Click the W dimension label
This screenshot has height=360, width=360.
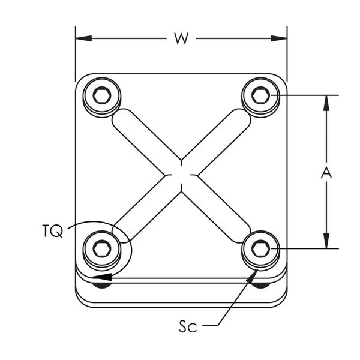tap(181, 38)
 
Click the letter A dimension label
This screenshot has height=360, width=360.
tap(326, 173)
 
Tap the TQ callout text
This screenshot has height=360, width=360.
tap(53, 231)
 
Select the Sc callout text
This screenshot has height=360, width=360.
tap(188, 326)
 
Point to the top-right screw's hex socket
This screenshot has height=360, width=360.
tap(261, 95)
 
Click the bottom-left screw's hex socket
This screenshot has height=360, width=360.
tap(102, 248)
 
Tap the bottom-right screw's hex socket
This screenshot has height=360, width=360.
tap(261, 248)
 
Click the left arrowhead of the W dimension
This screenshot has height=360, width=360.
tap(83, 38)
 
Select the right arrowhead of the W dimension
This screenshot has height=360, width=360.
tap(279, 38)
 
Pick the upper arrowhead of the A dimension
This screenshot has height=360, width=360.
tap(326, 103)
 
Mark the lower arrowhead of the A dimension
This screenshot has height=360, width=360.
tap(326, 241)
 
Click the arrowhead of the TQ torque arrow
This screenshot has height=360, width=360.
tap(102, 277)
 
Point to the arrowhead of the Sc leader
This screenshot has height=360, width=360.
tap(252, 276)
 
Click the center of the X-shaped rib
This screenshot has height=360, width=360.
tap(181, 176)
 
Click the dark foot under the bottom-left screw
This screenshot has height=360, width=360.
tap(102, 285)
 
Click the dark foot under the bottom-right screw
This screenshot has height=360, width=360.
tap(261, 285)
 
